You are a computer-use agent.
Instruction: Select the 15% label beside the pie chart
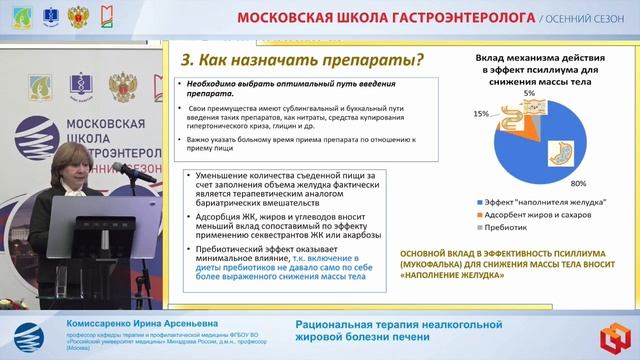pos(482,115)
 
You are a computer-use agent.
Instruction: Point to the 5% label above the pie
pos(529,92)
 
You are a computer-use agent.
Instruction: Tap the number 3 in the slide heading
pos(181,60)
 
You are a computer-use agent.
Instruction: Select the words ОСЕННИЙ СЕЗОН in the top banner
pos(593,18)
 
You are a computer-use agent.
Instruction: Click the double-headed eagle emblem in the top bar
pos(81,16)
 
